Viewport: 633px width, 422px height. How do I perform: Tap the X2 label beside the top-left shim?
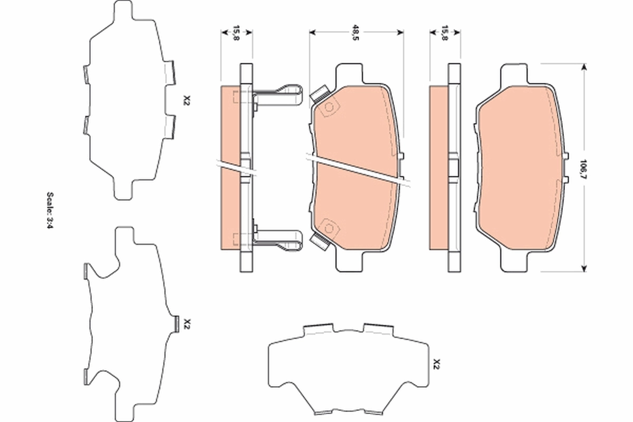185,100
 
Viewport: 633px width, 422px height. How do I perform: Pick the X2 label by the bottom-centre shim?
436,363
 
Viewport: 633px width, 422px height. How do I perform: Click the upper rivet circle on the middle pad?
330,108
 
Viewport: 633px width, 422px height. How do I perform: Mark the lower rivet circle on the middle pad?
330,228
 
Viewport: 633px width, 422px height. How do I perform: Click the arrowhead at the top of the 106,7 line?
583,67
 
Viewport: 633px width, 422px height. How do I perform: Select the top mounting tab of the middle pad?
349,73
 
